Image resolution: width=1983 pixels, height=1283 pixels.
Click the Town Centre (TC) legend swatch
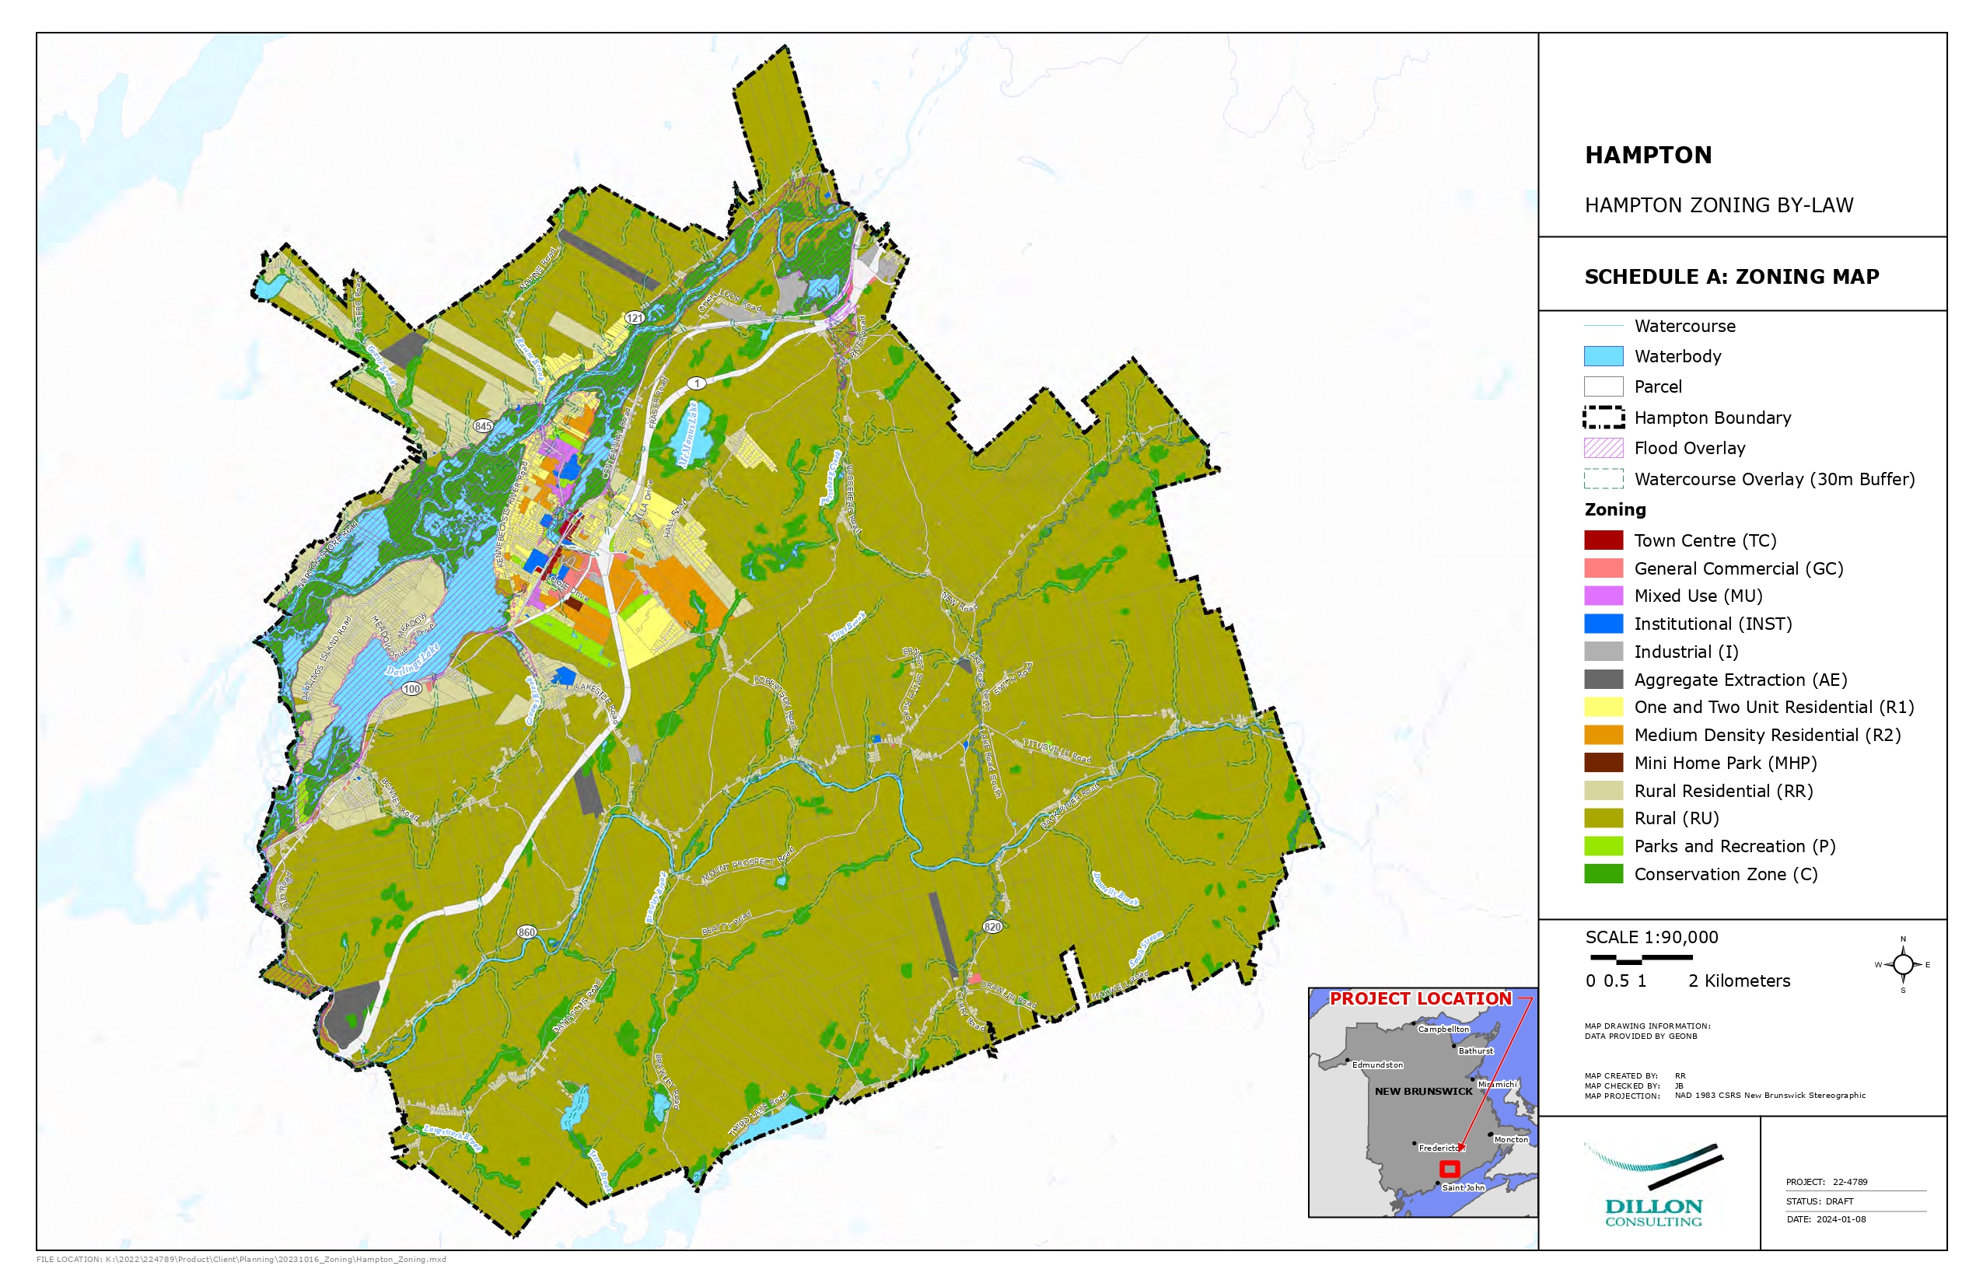[x=1602, y=540]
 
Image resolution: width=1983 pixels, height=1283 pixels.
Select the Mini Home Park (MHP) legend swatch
[x=1602, y=762]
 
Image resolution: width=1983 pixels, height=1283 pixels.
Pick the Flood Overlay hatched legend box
[x=1602, y=447]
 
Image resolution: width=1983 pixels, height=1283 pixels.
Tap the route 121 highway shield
[x=635, y=317]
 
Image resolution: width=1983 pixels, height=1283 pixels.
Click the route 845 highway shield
[x=483, y=426]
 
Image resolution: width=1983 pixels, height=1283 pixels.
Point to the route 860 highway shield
[x=526, y=932]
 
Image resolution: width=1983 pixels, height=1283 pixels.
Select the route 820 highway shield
[x=991, y=926]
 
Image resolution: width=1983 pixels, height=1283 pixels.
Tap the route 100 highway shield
[x=411, y=689]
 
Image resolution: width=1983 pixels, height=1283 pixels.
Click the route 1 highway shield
[x=697, y=383]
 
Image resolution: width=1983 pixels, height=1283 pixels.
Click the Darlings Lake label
[x=411, y=659]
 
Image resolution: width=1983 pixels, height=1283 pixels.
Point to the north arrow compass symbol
[x=1902, y=965]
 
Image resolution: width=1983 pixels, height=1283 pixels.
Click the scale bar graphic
[x=1641, y=959]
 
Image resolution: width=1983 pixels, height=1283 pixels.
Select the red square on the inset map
[x=1449, y=1169]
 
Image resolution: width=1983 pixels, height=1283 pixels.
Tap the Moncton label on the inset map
[x=1510, y=1139]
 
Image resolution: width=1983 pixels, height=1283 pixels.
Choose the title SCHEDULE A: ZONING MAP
[x=1731, y=277]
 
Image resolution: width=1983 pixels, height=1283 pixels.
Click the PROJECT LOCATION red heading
[x=1420, y=998]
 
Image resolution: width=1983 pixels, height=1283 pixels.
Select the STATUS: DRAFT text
[x=1820, y=1201]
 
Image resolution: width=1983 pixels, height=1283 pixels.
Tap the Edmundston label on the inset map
[x=1377, y=1065]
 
